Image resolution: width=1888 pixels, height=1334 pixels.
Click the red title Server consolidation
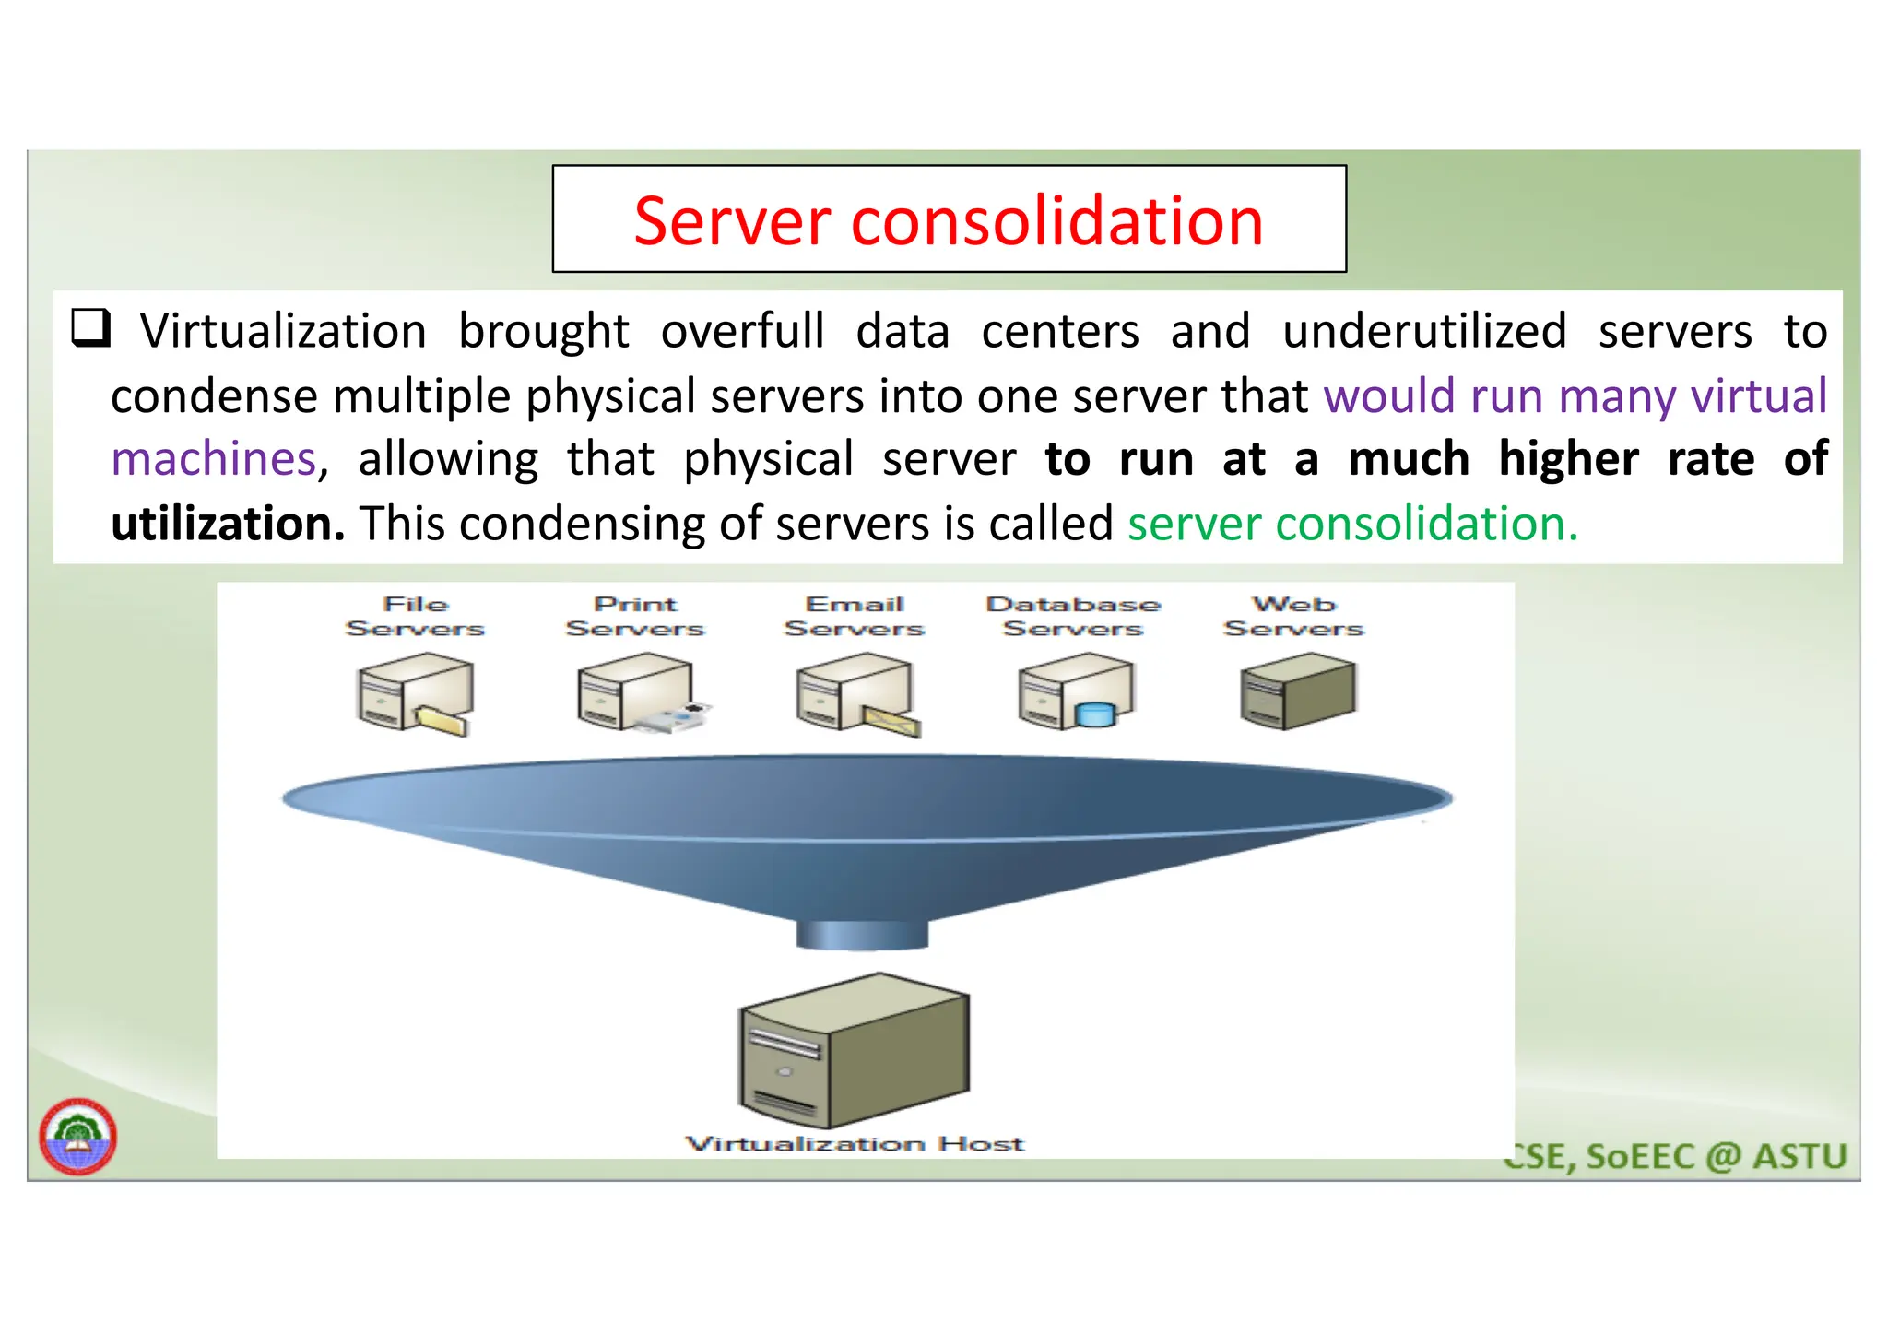tap(948, 222)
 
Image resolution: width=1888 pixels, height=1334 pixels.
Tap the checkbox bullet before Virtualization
tap(91, 328)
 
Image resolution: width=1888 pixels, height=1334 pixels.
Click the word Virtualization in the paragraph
tap(283, 332)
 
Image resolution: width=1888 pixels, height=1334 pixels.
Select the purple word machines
tap(214, 459)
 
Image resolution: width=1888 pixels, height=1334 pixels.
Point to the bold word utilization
tap(228, 524)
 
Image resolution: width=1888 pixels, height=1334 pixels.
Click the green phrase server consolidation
tap(1351, 524)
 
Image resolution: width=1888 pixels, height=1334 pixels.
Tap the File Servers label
tap(415, 617)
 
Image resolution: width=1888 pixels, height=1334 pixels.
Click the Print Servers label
tap(635, 617)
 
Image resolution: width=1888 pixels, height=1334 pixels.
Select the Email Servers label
tap(854, 617)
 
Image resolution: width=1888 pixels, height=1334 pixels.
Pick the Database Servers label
tap(1073, 617)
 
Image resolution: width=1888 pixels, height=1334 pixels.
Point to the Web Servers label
tap(1292, 617)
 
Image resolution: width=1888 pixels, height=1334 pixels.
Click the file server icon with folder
tap(415, 693)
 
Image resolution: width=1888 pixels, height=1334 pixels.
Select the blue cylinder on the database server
tap(1095, 714)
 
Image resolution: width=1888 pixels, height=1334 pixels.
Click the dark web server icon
tap(1298, 691)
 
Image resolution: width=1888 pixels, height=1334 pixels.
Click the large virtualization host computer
tap(854, 1051)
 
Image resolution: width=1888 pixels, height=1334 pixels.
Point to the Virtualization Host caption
tap(855, 1144)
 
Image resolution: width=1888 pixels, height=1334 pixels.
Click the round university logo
tap(78, 1136)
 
